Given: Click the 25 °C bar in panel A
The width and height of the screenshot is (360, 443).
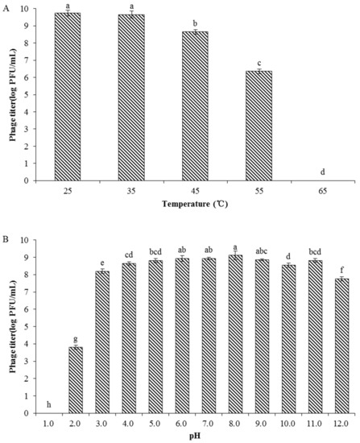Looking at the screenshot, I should click(x=68, y=97).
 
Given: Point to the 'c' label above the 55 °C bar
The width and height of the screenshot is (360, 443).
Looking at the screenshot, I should click(x=259, y=62).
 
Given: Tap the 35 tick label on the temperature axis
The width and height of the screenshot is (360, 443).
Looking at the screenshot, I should click(x=131, y=193).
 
